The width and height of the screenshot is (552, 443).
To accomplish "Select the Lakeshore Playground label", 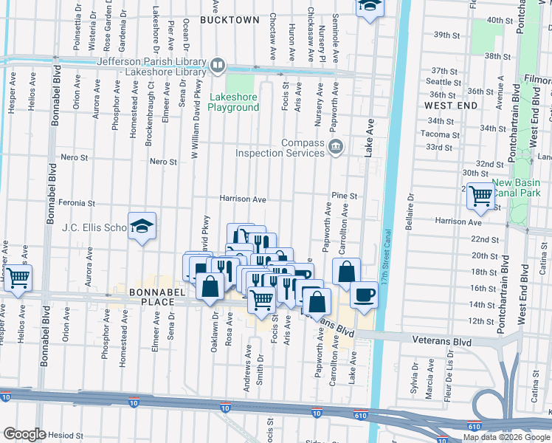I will (x=234, y=102).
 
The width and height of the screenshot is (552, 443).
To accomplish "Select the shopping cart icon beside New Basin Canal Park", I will (x=480, y=196).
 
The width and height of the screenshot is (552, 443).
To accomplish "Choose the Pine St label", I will (x=344, y=196).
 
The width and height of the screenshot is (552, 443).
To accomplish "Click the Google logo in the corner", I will (x=24, y=434).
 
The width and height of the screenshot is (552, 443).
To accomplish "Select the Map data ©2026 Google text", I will (x=506, y=437).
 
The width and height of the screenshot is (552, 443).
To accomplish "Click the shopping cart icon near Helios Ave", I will (x=19, y=278).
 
